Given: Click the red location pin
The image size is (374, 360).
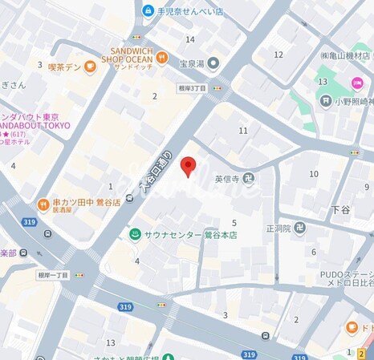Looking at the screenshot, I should tap(188, 166).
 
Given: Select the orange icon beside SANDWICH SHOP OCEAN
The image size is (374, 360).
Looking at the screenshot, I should tap(162, 57).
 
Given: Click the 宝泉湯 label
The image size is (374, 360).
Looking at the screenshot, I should tap(193, 63).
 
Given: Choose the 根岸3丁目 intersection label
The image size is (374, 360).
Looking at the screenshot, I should tap(193, 88).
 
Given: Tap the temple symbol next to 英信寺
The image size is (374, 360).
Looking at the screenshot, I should tap(249, 179).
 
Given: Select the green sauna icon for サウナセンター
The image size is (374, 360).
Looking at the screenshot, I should tap(136, 234).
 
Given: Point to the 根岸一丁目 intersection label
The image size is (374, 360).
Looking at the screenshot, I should tap(54, 274).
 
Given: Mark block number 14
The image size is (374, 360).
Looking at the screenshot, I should tap(190, 39).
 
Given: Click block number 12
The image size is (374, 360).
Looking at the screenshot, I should tap(278, 55).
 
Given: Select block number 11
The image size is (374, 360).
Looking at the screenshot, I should tap(242, 130).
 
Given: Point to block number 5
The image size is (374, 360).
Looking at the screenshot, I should tap(234, 222).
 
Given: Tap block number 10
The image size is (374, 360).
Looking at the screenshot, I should tap(314, 174).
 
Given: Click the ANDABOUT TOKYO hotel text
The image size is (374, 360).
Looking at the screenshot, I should tap(36, 125).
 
